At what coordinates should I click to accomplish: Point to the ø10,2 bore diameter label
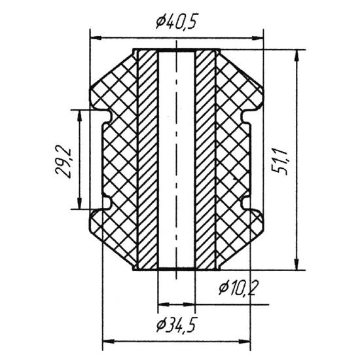tap(237, 287)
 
